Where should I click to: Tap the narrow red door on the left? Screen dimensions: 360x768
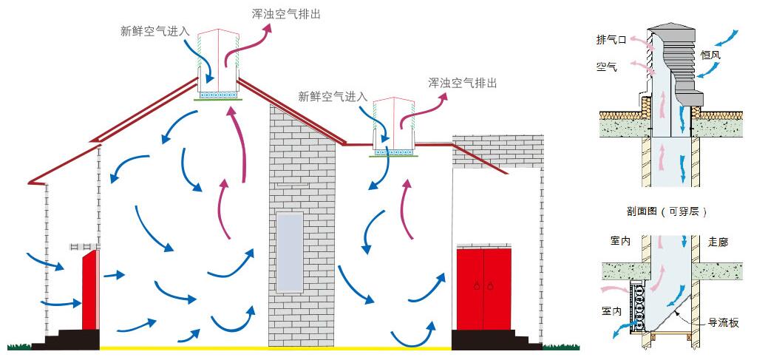[x=89, y=289]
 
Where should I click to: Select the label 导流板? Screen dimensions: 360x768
[x=723, y=323]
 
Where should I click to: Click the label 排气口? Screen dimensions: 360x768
[x=611, y=40]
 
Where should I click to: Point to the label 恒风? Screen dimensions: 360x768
[x=731, y=54]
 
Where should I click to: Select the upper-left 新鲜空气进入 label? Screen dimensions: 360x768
[x=155, y=31]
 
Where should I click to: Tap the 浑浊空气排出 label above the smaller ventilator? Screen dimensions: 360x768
[x=462, y=83]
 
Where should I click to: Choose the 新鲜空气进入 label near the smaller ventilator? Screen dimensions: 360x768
[x=333, y=96]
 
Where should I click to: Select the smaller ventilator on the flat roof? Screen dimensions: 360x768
[x=392, y=127]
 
